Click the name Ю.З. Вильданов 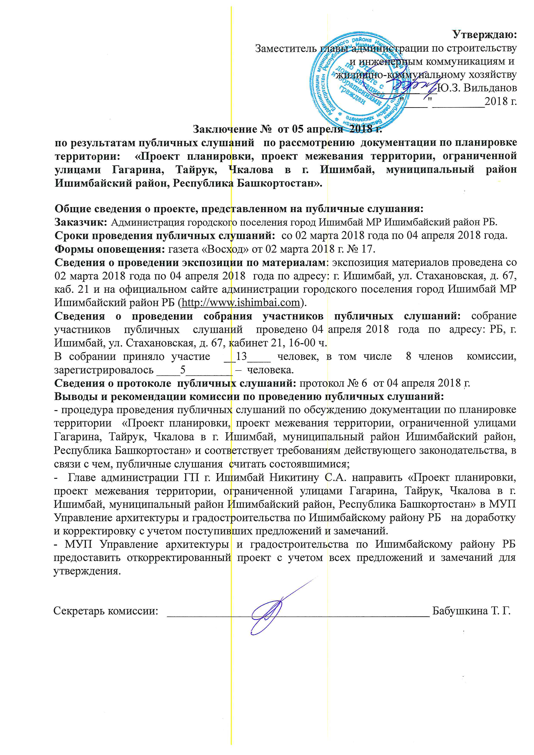[x=477, y=88]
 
